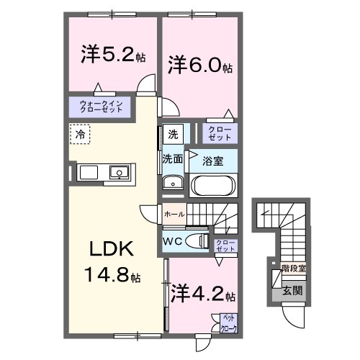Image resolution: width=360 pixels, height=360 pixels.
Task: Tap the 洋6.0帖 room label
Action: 200,66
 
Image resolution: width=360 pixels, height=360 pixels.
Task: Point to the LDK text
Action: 111,249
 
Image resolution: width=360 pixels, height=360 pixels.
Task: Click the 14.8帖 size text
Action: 114,276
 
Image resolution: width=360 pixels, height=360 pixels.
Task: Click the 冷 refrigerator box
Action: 81,135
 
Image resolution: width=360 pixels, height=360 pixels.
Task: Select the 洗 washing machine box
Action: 173,134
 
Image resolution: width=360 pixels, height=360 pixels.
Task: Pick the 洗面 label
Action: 172,158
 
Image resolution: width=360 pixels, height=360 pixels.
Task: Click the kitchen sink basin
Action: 119,172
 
